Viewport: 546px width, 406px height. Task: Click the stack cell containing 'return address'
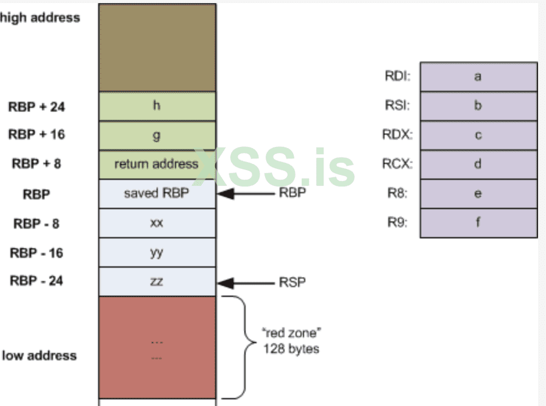[157, 164]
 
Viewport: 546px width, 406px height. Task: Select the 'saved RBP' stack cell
[157, 194]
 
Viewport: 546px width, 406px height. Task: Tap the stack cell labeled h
[157, 106]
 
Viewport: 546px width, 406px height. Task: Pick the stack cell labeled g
[157, 135]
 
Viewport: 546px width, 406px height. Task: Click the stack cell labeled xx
[157, 223]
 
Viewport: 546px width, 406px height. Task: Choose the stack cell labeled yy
[157, 252]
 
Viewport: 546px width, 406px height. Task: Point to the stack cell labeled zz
[157, 282]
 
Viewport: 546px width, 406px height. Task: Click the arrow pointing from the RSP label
[246, 282]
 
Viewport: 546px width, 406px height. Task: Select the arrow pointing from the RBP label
[246, 194]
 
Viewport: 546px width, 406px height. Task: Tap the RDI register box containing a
[478, 77]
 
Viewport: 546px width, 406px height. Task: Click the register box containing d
[478, 165]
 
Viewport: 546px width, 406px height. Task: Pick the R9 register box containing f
[478, 223]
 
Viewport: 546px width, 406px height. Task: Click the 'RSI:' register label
[397, 106]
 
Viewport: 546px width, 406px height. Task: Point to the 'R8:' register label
[396, 194]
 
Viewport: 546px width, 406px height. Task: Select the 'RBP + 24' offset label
[37, 107]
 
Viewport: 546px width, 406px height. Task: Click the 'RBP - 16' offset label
[37, 253]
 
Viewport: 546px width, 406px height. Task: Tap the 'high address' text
[40, 18]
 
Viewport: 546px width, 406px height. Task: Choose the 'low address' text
[39, 355]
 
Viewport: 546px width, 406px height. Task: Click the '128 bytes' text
[291, 349]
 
